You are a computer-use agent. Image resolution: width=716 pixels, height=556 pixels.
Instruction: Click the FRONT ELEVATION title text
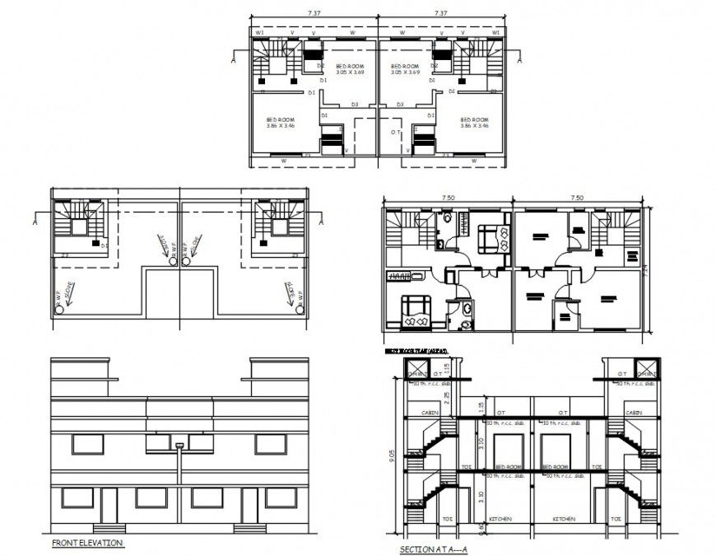(86, 544)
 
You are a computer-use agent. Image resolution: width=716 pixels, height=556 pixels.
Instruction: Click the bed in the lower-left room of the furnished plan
(415, 308)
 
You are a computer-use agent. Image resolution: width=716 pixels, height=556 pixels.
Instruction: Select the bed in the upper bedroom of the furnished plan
(493, 239)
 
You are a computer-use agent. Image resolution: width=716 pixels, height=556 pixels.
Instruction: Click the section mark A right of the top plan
(520, 59)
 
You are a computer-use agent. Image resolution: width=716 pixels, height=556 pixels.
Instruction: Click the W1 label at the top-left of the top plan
(259, 32)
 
